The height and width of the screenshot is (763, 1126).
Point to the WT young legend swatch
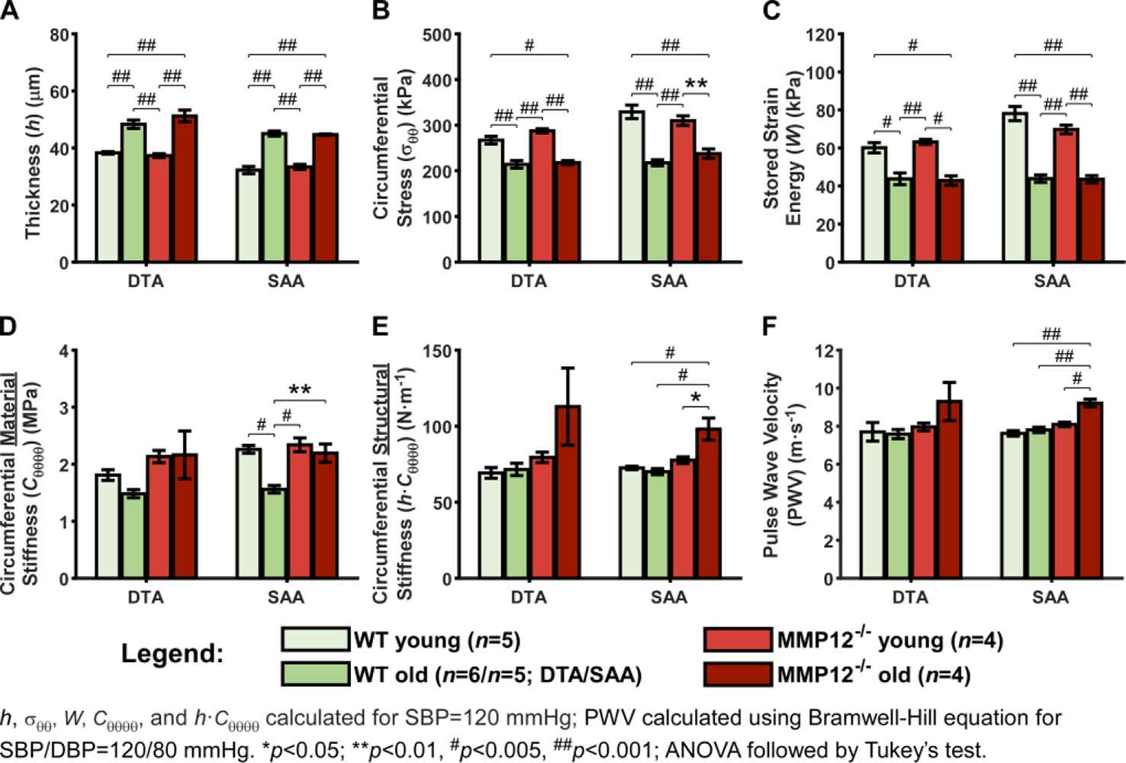click(x=315, y=639)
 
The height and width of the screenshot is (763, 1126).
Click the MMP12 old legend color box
click(x=736, y=675)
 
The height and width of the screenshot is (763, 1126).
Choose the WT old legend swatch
click(x=315, y=674)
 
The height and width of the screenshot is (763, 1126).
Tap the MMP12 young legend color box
click(x=736, y=639)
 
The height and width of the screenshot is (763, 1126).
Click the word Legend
click(x=172, y=654)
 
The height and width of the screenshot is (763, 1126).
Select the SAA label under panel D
click(x=285, y=597)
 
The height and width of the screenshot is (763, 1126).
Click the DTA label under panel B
click(x=529, y=282)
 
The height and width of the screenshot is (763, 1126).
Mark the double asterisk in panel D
click(x=299, y=391)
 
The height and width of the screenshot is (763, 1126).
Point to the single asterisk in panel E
click(x=695, y=398)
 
